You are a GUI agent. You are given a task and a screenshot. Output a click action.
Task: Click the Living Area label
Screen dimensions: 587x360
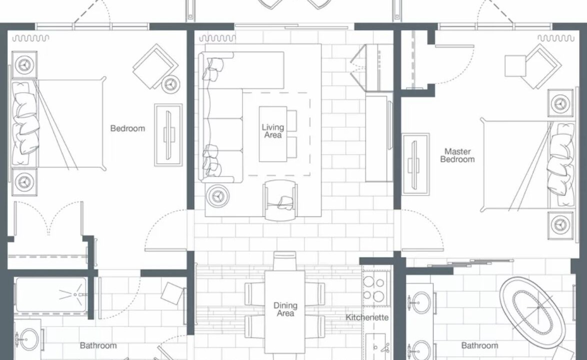click(273, 131)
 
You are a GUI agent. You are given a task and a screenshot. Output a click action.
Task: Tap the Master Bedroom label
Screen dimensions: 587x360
click(457, 155)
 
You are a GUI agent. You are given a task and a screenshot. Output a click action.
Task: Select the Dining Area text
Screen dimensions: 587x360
click(285, 309)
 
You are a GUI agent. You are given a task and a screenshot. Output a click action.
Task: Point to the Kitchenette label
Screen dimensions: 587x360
click(367, 317)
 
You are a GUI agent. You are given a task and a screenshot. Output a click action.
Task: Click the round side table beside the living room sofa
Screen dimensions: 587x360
click(217, 195)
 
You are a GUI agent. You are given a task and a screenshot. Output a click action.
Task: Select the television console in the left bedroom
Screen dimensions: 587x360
click(168, 135)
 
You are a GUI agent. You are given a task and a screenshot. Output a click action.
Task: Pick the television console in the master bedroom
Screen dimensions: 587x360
click(415, 163)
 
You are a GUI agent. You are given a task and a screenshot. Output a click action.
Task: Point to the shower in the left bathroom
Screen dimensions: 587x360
click(51, 295)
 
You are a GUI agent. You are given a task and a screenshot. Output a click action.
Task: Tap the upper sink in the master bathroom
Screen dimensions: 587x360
click(421, 302)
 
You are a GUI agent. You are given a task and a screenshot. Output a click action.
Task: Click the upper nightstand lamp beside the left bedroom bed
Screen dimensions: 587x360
click(24, 64)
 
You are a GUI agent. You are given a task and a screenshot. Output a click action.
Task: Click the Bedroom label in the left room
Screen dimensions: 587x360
click(127, 128)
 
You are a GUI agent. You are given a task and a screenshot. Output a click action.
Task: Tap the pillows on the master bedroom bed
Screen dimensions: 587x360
click(561, 164)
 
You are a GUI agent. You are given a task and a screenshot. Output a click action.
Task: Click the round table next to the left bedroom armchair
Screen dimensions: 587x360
click(170, 84)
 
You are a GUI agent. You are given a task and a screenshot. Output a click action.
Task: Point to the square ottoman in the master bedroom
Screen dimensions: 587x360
click(515, 66)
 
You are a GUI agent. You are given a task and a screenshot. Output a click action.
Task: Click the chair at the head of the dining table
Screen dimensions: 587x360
click(284, 261)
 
